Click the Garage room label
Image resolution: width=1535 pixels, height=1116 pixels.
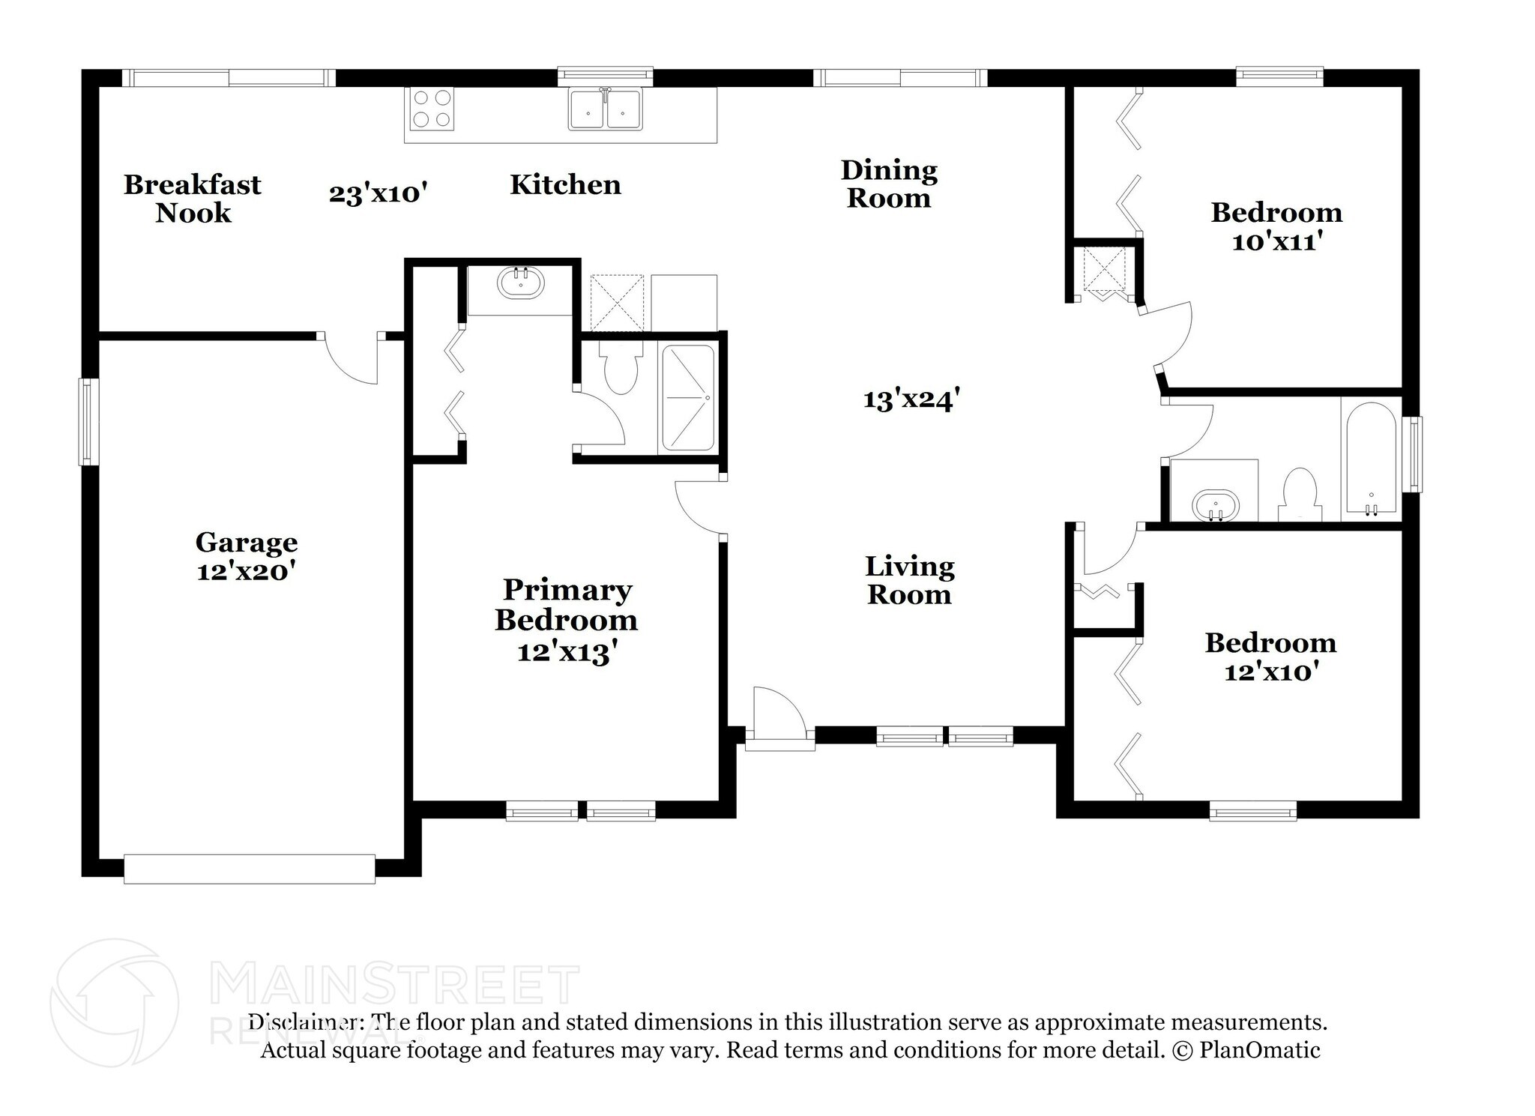pos(247,542)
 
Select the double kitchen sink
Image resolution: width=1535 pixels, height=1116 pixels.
pos(606,109)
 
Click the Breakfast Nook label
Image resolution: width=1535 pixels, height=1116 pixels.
pos(193,199)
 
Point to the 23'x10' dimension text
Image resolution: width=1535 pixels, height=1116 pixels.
pos(379,193)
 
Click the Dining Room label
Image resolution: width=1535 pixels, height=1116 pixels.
pos(889,184)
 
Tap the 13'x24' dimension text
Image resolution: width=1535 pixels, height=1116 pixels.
pos(911,399)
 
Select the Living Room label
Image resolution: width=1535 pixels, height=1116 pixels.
pos(910,580)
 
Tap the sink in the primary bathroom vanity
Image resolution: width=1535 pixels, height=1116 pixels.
pos(521,283)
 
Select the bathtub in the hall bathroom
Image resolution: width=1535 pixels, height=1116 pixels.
pos(1371,458)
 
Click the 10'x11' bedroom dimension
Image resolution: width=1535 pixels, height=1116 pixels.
pos(1275,241)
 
